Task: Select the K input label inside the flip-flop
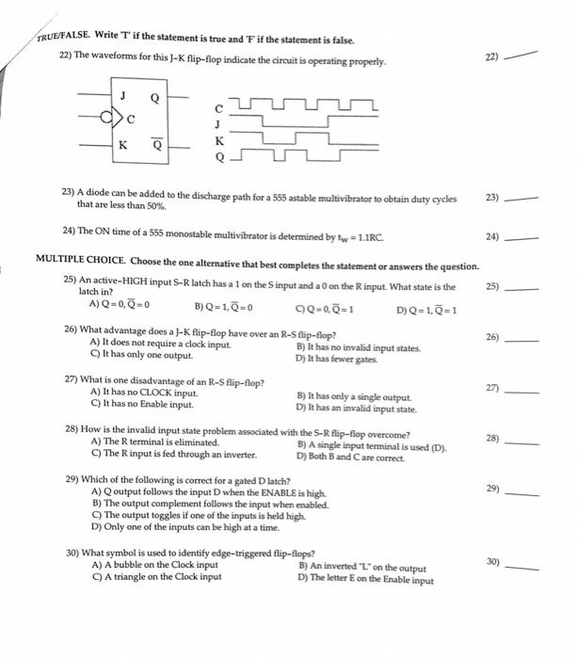click(122, 144)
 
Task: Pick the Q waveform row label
click(220, 157)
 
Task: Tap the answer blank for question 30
click(524, 567)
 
